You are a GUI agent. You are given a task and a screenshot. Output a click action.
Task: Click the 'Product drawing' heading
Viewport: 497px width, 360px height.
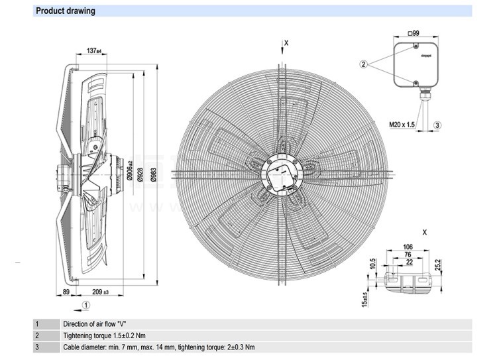pos(66,11)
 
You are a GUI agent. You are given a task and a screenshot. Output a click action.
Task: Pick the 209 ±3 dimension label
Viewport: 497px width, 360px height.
pos(101,292)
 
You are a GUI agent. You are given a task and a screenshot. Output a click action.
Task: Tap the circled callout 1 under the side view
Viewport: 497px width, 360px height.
pos(86,305)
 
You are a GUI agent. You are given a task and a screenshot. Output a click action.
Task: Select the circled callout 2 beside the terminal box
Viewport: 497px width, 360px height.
pos(364,64)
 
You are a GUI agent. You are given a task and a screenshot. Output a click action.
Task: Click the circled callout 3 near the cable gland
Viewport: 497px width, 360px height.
pos(437,125)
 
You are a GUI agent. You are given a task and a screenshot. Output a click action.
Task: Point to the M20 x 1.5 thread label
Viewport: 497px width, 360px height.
pos(402,125)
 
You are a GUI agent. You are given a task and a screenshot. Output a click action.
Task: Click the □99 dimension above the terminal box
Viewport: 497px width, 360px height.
pos(414,32)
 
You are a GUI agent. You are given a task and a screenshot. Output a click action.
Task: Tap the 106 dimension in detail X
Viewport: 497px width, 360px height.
pos(408,247)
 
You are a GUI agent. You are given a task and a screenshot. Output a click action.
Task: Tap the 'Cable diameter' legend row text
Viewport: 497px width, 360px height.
pos(159,347)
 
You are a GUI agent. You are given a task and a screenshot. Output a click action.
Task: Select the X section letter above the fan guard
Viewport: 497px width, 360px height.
pos(286,43)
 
